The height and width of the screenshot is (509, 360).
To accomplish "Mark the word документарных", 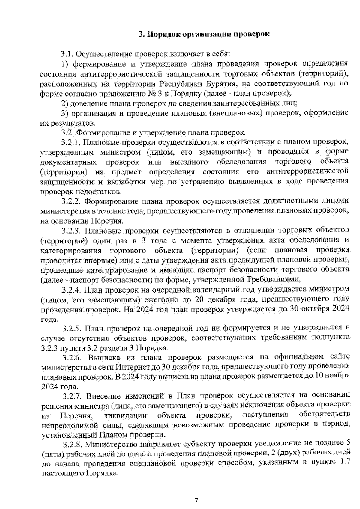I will click(x=68, y=162).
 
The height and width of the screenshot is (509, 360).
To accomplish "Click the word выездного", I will click(x=189, y=162).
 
